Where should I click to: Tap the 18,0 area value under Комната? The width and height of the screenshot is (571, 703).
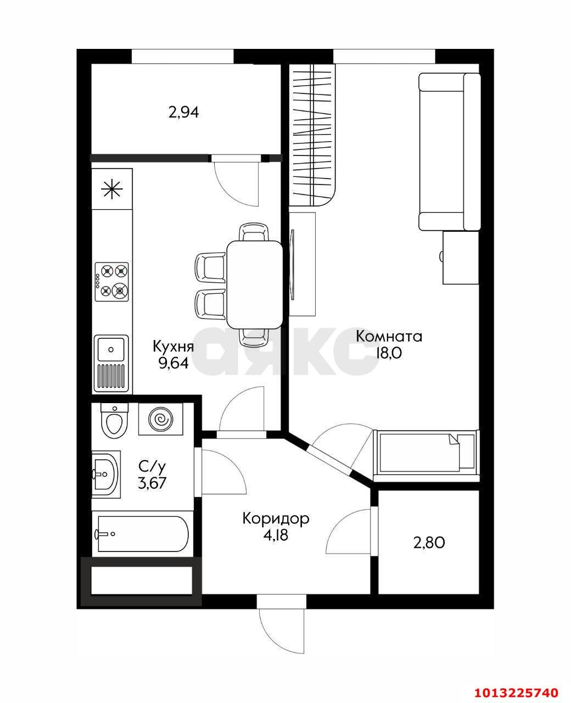(389, 353)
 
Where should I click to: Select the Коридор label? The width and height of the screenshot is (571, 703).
(276, 518)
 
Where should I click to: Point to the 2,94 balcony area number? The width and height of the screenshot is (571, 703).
(183, 113)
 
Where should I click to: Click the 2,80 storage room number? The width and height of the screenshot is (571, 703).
(429, 543)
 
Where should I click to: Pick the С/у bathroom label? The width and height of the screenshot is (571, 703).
(152, 467)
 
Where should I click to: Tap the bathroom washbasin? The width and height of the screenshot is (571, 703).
(105, 473)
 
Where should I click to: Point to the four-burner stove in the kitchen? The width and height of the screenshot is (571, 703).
(112, 281)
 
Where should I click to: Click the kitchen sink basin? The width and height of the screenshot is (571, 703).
(111, 349)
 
